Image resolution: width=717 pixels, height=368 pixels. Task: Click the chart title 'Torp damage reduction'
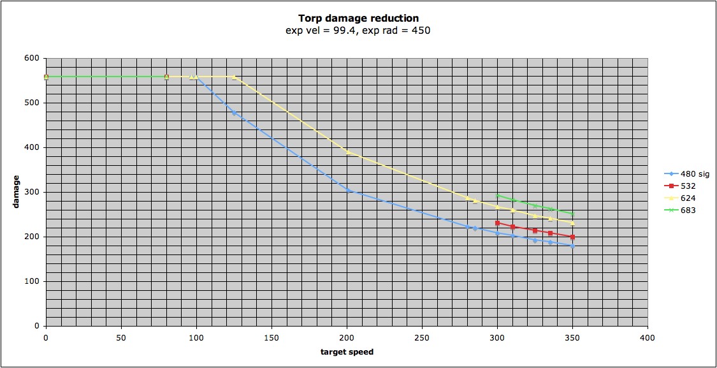pos(358,18)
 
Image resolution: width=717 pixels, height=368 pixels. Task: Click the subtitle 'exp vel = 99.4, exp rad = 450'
pos(358,30)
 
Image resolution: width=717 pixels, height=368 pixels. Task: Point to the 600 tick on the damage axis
pos(31,58)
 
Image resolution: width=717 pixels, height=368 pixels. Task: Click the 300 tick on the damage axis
pos(31,192)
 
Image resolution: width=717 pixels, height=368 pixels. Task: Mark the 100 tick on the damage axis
pos(31,281)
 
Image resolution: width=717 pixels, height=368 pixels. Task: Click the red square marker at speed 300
pos(497,223)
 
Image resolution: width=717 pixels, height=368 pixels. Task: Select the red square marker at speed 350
pos(572,237)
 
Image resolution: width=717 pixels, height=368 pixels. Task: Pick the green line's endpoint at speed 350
pos(572,214)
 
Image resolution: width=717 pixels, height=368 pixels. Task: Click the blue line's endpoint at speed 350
pos(572,246)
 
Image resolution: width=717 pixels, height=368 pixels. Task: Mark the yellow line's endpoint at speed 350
pos(572,223)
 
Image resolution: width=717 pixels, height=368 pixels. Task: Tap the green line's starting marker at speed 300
pos(497,195)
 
